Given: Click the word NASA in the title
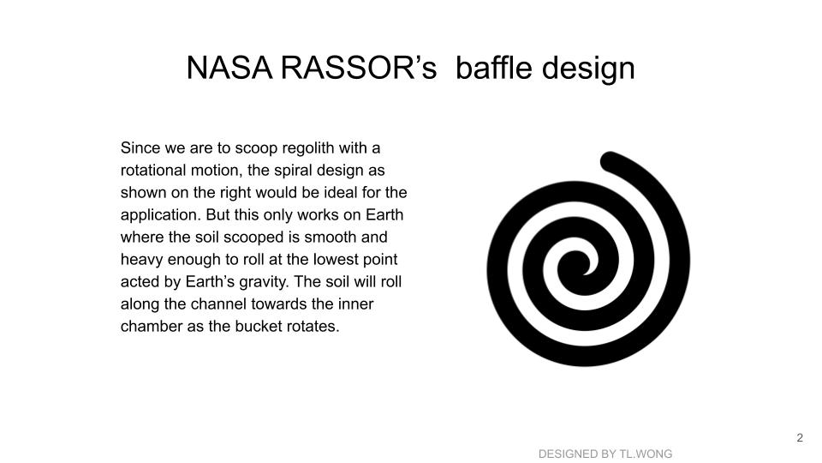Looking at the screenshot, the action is click(x=229, y=68).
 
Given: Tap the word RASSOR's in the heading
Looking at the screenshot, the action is click(x=359, y=68).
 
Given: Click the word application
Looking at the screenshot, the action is click(x=161, y=215).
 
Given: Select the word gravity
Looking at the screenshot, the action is click(x=264, y=282).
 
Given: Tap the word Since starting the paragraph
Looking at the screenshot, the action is click(x=140, y=148).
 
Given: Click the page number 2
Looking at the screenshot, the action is click(x=800, y=438).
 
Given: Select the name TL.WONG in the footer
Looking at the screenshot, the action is click(x=646, y=454).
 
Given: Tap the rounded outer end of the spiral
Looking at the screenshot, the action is click(x=609, y=160).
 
